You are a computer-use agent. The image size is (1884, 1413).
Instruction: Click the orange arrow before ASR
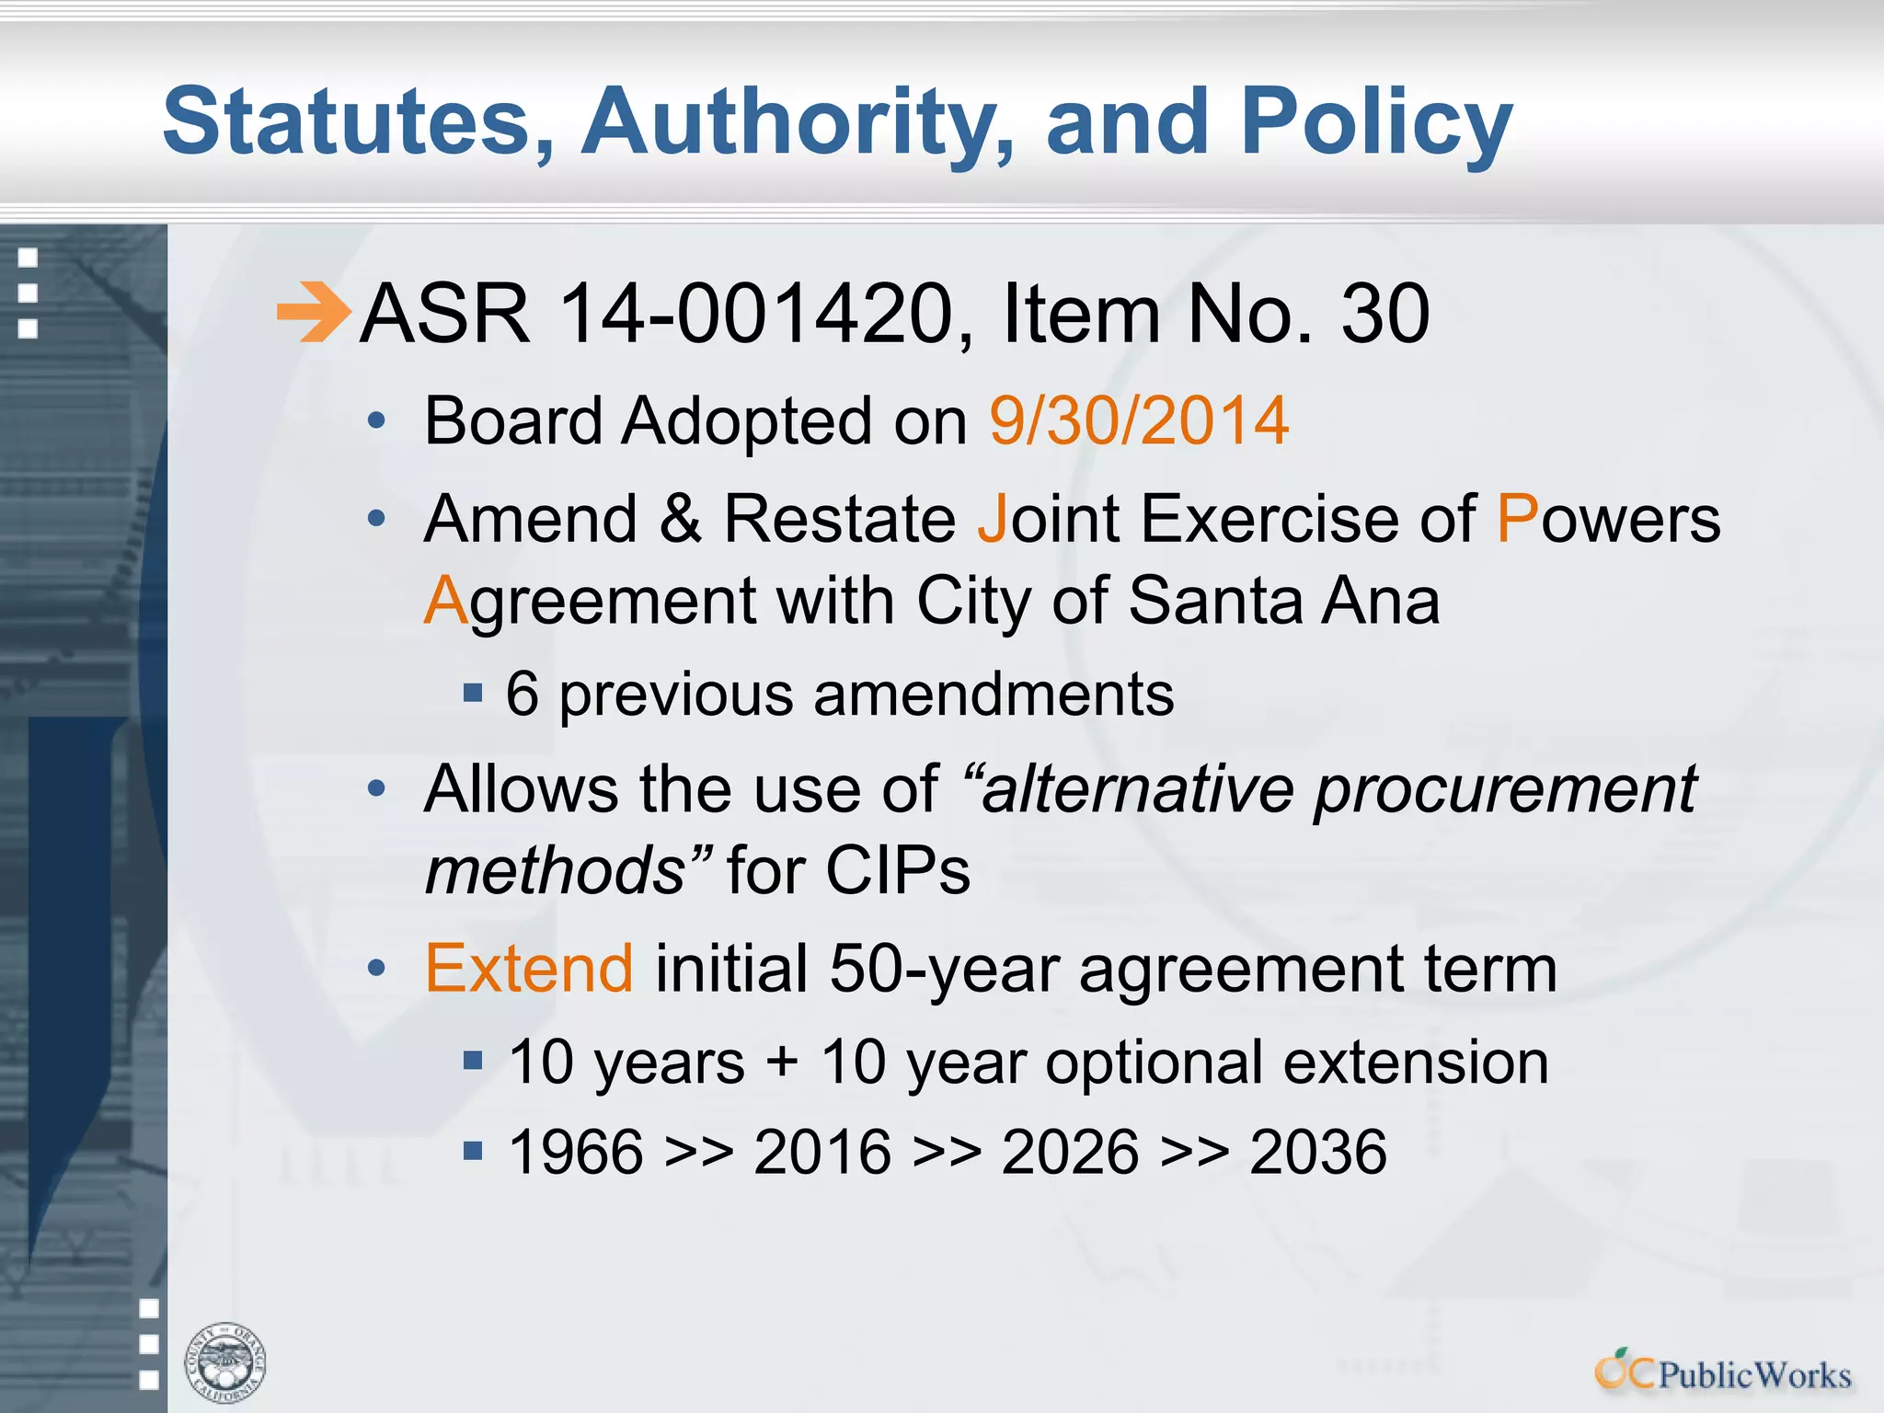coord(313,313)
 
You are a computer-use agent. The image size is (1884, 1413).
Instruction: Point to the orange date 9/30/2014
coord(1139,421)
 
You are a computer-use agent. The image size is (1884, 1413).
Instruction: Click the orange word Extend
coord(529,969)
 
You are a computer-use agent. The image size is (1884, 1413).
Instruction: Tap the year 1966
coord(576,1152)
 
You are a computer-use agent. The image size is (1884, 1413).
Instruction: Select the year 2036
coord(1317,1152)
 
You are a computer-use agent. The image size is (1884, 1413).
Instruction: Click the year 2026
coord(1070,1152)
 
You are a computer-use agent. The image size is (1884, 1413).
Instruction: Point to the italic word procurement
coord(1504,789)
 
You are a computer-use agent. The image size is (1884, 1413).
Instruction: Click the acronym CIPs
coord(897,870)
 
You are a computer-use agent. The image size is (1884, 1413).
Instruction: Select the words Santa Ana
coord(1283,602)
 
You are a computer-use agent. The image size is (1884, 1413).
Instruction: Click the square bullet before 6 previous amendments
coord(473,692)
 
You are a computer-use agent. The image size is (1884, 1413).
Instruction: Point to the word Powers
coord(1608,519)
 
